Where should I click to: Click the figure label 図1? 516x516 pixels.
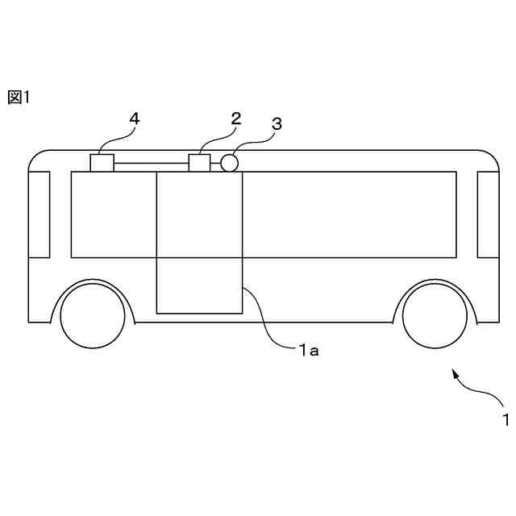18,98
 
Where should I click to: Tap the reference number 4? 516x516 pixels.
134,119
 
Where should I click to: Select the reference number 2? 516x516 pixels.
235,119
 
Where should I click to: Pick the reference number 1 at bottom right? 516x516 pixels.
505,419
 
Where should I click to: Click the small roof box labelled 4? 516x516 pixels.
102,163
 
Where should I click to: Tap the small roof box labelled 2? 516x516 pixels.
199,163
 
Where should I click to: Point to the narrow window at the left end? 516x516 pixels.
40,214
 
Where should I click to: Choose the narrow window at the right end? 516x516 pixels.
489,214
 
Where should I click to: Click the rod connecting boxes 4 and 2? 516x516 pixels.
151,164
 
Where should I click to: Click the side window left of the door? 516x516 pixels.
113,214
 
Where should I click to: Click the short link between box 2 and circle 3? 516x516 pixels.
215,164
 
